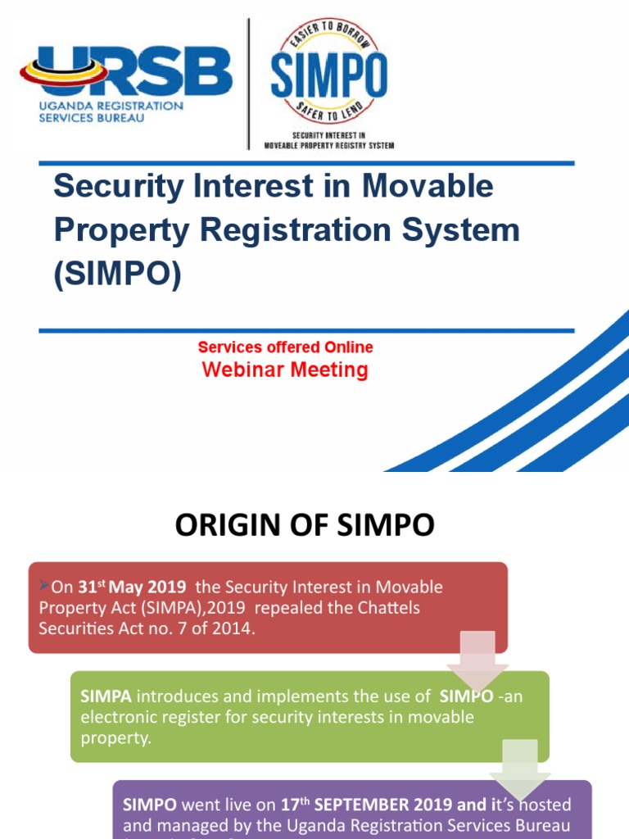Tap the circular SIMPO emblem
[x=328, y=71]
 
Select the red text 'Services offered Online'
[x=285, y=347]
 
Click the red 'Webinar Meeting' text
[x=285, y=370]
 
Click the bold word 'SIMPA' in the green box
[x=106, y=697]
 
